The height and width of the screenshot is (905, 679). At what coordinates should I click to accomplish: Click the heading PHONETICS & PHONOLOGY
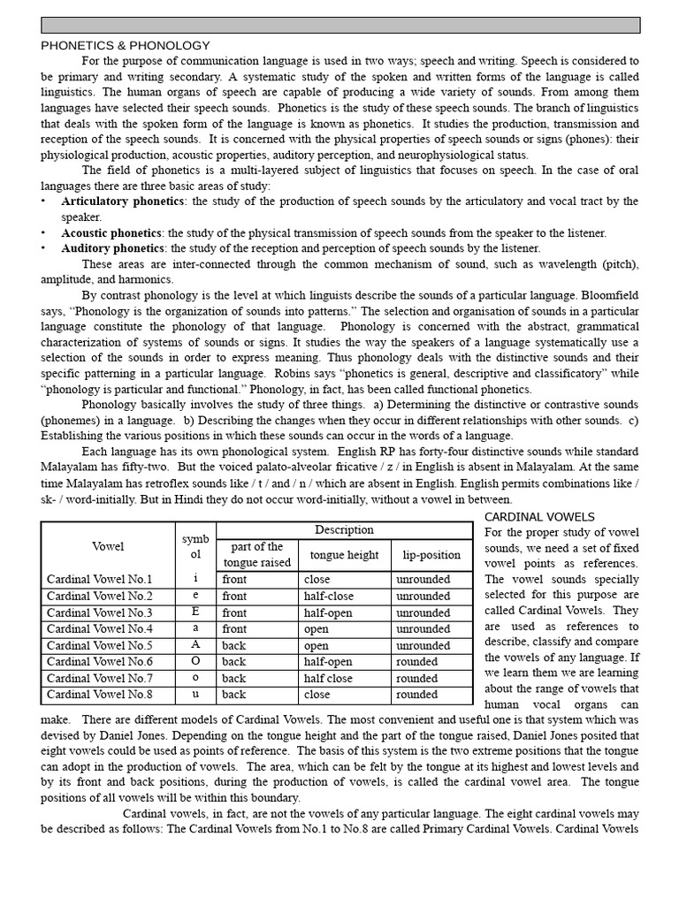pyautogui.click(x=126, y=45)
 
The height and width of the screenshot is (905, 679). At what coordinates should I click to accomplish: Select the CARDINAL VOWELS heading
pyautogui.click(x=540, y=516)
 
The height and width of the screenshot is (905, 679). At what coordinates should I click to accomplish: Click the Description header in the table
pyautogui.click(x=344, y=530)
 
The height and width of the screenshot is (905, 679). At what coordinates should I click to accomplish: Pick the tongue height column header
pyautogui.click(x=344, y=555)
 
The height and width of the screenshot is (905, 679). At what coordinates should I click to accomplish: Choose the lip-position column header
pyautogui.click(x=431, y=555)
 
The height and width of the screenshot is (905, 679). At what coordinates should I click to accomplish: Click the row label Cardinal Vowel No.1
pyautogui.click(x=100, y=580)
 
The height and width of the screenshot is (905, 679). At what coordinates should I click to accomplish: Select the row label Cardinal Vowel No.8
pyautogui.click(x=100, y=695)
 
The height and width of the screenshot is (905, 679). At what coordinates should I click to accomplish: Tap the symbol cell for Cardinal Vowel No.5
pyautogui.click(x=195, y=645)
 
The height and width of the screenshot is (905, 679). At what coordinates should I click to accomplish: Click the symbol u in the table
pyautogui.click(x=195, y=695)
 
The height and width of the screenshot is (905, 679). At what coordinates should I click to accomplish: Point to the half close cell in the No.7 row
pyautogui.click(x=329, y=679)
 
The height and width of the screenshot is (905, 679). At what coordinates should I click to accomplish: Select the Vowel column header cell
pyautogui.click(x=108, y=547)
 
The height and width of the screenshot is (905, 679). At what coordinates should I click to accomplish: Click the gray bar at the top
pyautogui.click(x=340, y=25)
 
